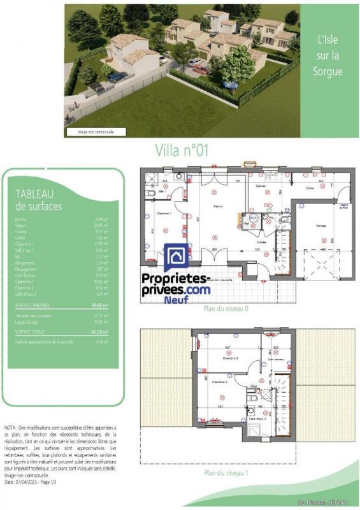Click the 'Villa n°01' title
tap(182, 150)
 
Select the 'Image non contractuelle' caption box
tap(96, 132)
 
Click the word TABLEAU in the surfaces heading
tap(34, 194)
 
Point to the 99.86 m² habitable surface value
tap(99, 305)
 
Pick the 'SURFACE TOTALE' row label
tap(32, 332)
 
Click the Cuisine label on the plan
tap(261, 186)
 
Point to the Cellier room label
tap(310, 189)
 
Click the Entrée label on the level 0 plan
tap(261, 242)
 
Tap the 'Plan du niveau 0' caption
tap(226, 308)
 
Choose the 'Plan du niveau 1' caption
tap(226, 473)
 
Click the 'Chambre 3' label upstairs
tap(231, 359)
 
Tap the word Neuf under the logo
tap(176, 300)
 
